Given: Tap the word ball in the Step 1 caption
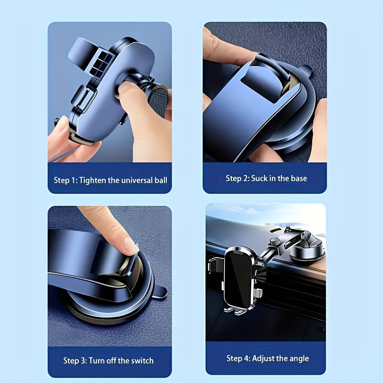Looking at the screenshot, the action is [161, 180].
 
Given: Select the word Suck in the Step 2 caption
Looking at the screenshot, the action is [259, 178].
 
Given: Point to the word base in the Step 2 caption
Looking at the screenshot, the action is [299, 178].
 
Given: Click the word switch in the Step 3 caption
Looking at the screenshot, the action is [142, 360].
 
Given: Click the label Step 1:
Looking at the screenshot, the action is [66, 180].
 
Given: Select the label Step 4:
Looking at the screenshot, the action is [238, 358].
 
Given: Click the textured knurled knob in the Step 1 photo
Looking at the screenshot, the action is [158, 101].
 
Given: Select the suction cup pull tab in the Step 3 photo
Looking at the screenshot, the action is [159, 292].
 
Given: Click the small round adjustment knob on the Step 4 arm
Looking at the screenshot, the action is [274, 242].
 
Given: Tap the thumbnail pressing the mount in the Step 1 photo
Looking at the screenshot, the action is [127, 88].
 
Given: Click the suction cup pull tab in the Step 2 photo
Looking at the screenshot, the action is [307, 70].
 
